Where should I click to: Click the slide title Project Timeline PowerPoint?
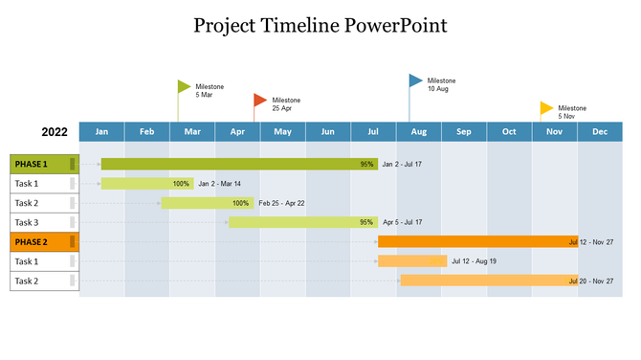pos(320,24)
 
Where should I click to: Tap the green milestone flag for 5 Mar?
pos(184,87)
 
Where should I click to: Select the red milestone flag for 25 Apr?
pos(259,100)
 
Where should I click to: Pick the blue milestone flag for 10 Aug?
pos(415,81)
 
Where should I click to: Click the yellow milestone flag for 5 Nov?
pos(546,108)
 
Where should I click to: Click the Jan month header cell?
pos(101,132)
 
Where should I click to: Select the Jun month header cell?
pos(327,132)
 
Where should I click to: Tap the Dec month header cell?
pos(599,132)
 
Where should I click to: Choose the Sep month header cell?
pos(463,132)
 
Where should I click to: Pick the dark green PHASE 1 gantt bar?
pos(230,164)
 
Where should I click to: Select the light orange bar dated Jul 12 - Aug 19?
pos(412,261)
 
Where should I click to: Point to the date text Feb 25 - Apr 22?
pos(281,203)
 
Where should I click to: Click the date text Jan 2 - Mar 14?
pos(220,184)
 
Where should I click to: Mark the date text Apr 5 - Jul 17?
pos(402,222)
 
